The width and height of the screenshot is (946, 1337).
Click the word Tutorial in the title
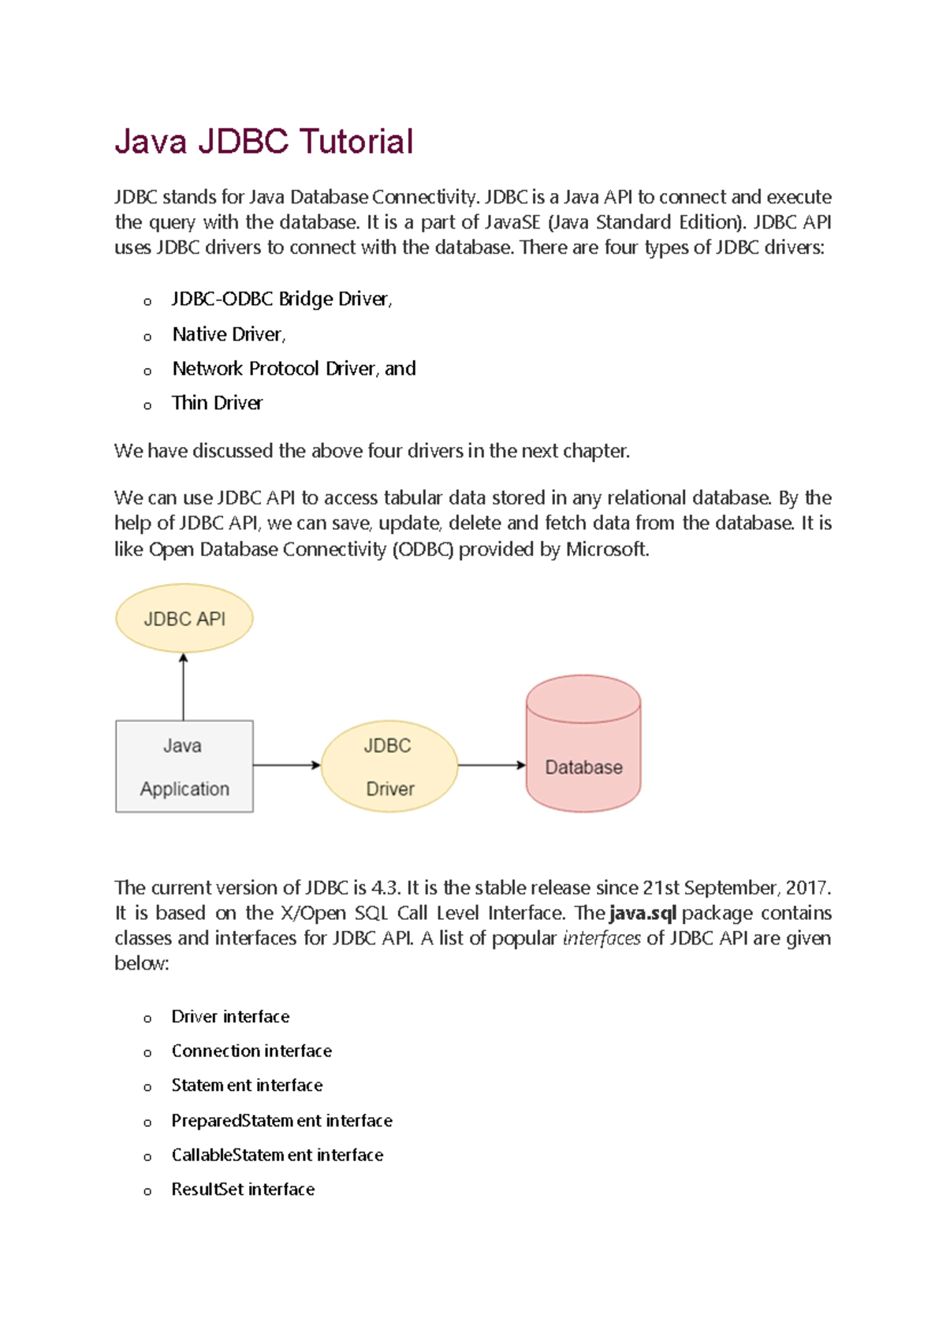pos(356,143)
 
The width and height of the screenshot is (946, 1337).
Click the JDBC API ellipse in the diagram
pos(184,619)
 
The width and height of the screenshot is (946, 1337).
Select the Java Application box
pos(184,766)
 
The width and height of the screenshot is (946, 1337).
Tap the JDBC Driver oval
pos(389,766)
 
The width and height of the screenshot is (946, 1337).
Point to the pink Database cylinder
pos(583,749)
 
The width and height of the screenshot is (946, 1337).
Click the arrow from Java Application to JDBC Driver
pos(286,765)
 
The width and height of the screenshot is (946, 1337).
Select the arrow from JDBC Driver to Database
pos(491,765)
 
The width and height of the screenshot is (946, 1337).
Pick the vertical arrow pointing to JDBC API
pos(184,686)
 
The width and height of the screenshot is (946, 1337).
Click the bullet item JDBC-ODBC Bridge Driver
pos(281,300)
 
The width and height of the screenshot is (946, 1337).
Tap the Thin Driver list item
pos(217,403)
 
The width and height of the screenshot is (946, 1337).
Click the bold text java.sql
pos(642,914)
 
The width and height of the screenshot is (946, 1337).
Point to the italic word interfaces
pos(601,939)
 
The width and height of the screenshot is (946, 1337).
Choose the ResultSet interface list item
pos(243,1190)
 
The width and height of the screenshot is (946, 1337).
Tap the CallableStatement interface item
pos(277,1155)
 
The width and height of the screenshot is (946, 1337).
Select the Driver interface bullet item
pos(230,1017)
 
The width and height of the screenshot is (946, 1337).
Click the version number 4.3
pos(385,888)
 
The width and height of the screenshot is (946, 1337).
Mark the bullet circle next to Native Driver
pos(147,337)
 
